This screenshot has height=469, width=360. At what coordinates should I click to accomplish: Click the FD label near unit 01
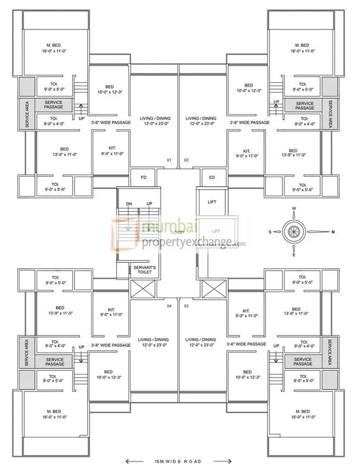coord(143,178)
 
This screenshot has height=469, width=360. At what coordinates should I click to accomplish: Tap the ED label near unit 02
coord(212,178)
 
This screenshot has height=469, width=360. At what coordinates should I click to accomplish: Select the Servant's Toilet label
coord(144,270)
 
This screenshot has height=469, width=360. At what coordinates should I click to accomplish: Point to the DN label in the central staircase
coord(129,204)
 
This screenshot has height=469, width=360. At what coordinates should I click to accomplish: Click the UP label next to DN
coord(149,204)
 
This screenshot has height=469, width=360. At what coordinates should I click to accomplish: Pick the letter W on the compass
coord(294,208)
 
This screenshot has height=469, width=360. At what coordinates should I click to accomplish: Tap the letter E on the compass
coord(294,255)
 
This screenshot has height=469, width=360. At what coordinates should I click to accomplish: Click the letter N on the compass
coord(333,232)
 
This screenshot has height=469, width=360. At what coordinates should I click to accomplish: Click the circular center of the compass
coord(294,232)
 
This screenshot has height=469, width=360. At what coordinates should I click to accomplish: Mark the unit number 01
coord(169,159)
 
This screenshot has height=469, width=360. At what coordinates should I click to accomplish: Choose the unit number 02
coord(186,159)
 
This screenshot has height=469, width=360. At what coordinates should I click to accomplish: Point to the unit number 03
coord(186,306)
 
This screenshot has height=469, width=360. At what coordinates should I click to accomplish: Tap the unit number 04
coord(169,306)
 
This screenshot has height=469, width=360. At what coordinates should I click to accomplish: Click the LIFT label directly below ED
coord(212,202)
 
